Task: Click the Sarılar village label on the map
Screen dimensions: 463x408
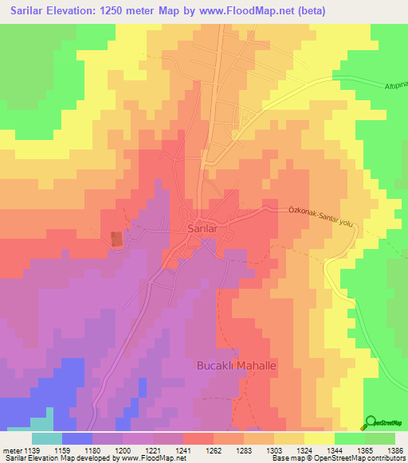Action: tap(202, 228)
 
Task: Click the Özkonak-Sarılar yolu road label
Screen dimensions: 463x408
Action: tap(319, 216)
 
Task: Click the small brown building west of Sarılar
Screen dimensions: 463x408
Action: tap(117, 238)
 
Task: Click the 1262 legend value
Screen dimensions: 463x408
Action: tap(214, 450)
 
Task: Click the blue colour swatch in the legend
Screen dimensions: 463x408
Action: tap(77, 438)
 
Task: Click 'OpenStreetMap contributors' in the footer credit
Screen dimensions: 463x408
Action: tap(367, 459)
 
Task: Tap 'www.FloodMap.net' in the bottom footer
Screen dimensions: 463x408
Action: tap(143, 459)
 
